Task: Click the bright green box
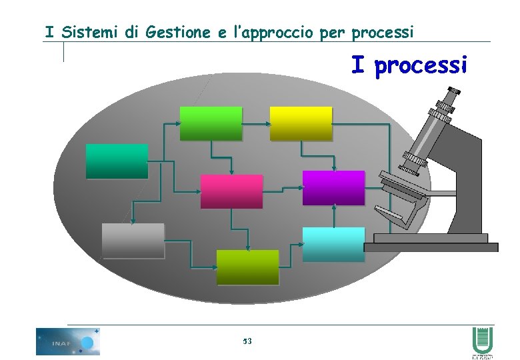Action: [211, 123]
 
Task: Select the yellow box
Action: [301, 123]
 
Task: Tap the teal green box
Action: [117, 161]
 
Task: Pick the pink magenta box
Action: [231, 191]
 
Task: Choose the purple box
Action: [333, 187]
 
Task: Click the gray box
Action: [133, 240]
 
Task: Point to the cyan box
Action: [333, 244]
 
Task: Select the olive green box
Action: [247, 267]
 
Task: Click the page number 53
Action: [247, 341]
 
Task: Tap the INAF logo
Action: [67, 341]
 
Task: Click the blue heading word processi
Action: [421, 66]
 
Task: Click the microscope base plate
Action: [431, 247]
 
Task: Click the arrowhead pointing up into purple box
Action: [333, 207]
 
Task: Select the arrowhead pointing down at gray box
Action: [133, 221]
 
